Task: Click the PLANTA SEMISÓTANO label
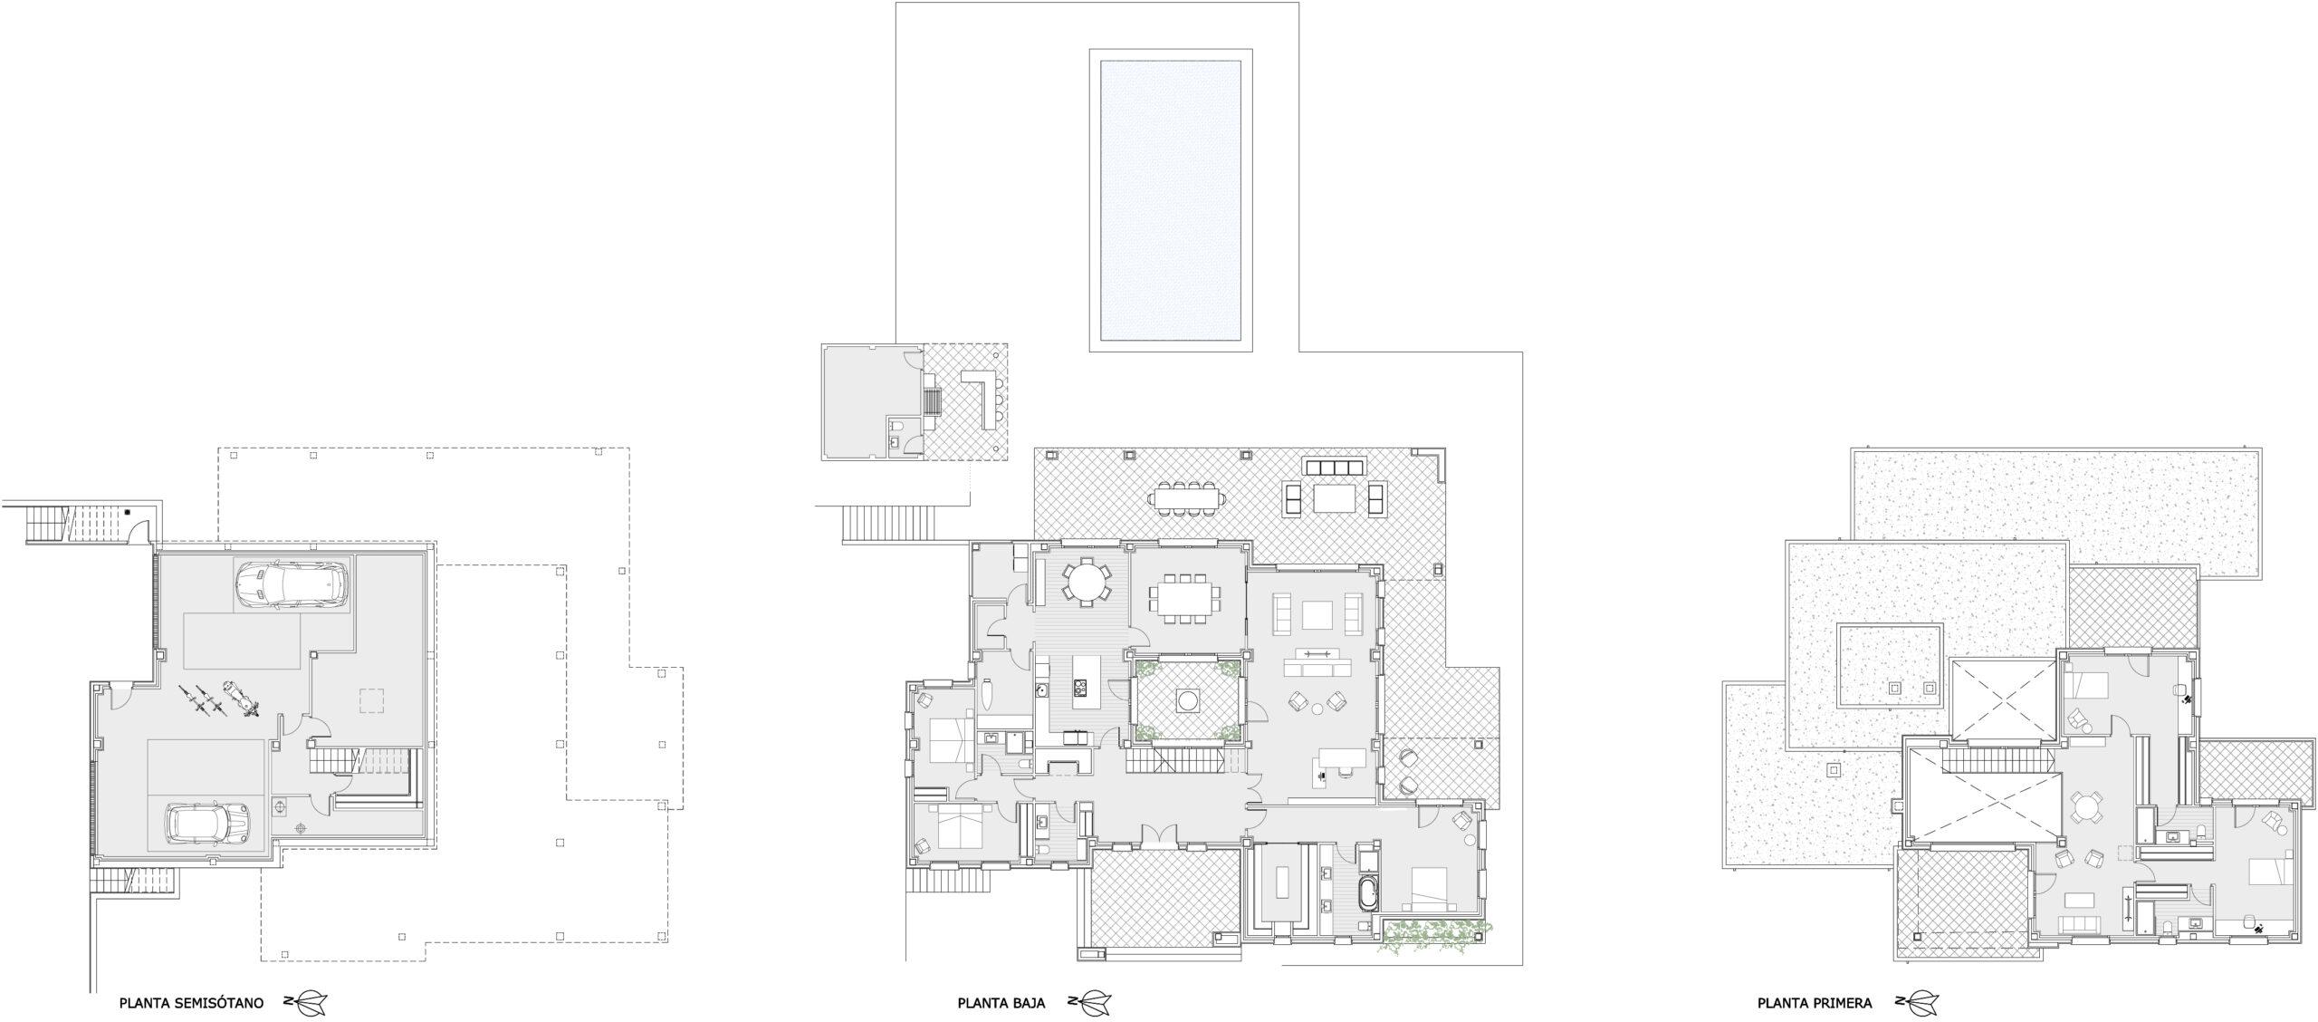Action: [191, 1003]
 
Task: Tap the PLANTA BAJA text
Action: [1001, 1003]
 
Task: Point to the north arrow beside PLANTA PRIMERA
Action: [1912, 1003]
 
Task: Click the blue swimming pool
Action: [1170, 199]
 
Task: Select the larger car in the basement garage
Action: [290, 583]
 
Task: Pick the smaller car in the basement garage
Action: [208, 823]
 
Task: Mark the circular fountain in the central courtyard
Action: [1187, 700]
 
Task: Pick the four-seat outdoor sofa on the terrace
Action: [1334, 467]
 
